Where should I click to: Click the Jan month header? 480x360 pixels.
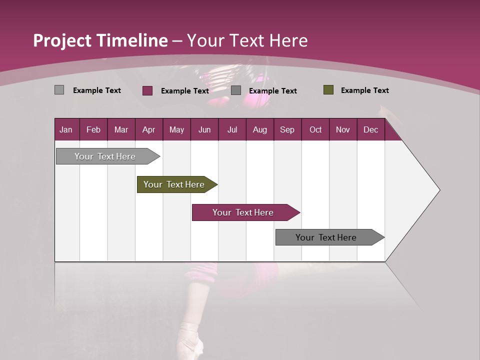[x=66, y=130]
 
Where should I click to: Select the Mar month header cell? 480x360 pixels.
[x=121, y=130]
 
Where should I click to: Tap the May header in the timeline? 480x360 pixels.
[x=176, y=130]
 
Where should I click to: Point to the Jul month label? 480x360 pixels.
[x=232, y=130]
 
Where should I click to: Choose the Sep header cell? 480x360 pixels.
[x=287, y=130]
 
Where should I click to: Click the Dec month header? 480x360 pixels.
[x=370, y=130]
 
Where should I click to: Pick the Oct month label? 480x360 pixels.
[x=315, y=130]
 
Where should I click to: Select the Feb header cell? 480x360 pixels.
[x=93, y=130]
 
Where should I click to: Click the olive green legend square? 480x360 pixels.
[x=328, y=90]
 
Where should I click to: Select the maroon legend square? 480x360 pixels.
[x=147, y=90]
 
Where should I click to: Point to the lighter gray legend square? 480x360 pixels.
[x=59, y=90]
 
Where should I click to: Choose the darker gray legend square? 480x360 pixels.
[x=236, y=90]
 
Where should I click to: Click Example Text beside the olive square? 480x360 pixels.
[x=364, y=90]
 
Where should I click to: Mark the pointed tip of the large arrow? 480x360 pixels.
[x=439, y=190]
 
